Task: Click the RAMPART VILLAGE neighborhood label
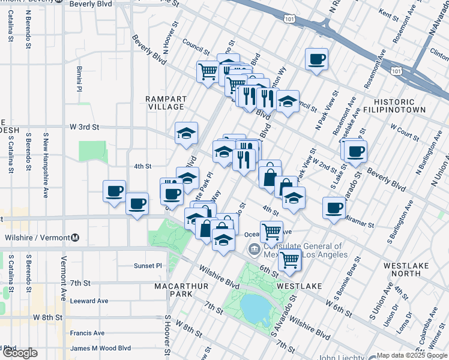pyautogui.click(x=166, y=103)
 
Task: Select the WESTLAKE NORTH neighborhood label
pyautogui.click(x=399, y=268)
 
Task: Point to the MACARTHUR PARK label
pyautogui.click(x=181, y=290)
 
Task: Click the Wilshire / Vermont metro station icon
pyautogui.click(x=75, y=237)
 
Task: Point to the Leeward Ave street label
pyautogui.click(x=89, y=301)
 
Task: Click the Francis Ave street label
pyautogui.click(x=87, y=333)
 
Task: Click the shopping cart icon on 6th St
pyautogui.click(x=290, y=259)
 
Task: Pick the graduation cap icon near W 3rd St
pyautogui.click(x=186, y=132)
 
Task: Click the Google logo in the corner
pyautogui.click(x=20, y=353)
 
